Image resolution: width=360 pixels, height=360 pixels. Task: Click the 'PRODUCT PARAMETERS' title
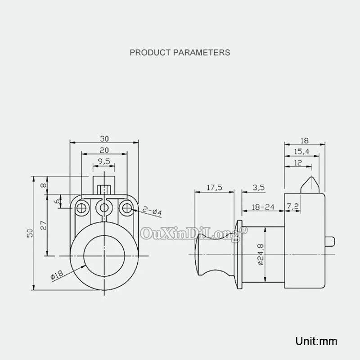(x=180, y=53)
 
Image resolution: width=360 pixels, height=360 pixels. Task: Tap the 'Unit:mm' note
(x=316, y=341)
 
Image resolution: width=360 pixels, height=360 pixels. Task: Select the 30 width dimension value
(x=104, y=139)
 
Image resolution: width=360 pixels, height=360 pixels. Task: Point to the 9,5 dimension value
(x=104, y=162)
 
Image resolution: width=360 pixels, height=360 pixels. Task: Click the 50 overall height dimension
(x=30, y=233)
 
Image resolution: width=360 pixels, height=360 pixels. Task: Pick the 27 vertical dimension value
(x=43, y=225)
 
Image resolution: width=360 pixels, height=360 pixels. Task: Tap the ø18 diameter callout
(x=57, y=274)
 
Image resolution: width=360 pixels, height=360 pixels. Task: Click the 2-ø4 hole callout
(x=152, y=211)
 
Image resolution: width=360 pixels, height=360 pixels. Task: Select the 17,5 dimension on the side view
(x=215, y=188)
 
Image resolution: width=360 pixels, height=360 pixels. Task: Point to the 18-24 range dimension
(x=263, y=207)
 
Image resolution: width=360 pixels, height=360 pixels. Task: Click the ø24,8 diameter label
(x=261, y=254)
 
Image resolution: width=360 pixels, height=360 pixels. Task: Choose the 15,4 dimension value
(x=301, y=152)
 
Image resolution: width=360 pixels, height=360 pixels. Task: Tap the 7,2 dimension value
(x=293, y=207)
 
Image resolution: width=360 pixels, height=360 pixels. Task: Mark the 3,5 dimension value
(x=259, y=188)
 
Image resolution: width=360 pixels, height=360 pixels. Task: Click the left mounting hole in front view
(x=81, y=208)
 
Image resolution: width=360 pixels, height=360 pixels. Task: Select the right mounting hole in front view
(x=127, y=208)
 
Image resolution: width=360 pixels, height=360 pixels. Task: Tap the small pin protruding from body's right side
(x=330, y=242)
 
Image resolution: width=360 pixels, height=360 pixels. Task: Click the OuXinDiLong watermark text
(x=194, y=234)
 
